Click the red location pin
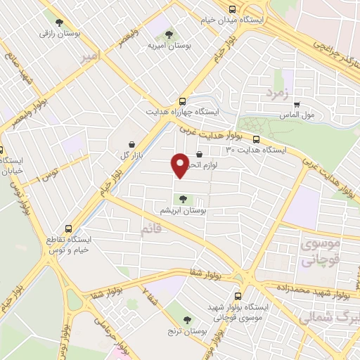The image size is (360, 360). click(180, 165)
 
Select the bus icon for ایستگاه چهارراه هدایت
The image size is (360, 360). click(183, 101)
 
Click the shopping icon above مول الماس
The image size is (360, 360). click(297, 103)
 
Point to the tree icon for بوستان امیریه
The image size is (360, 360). click(167, 33)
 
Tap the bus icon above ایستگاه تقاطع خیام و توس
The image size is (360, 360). click(68, 229)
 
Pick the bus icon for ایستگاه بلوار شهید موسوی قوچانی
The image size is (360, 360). click(238, 296)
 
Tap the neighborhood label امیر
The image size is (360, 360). click(89, 55)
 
